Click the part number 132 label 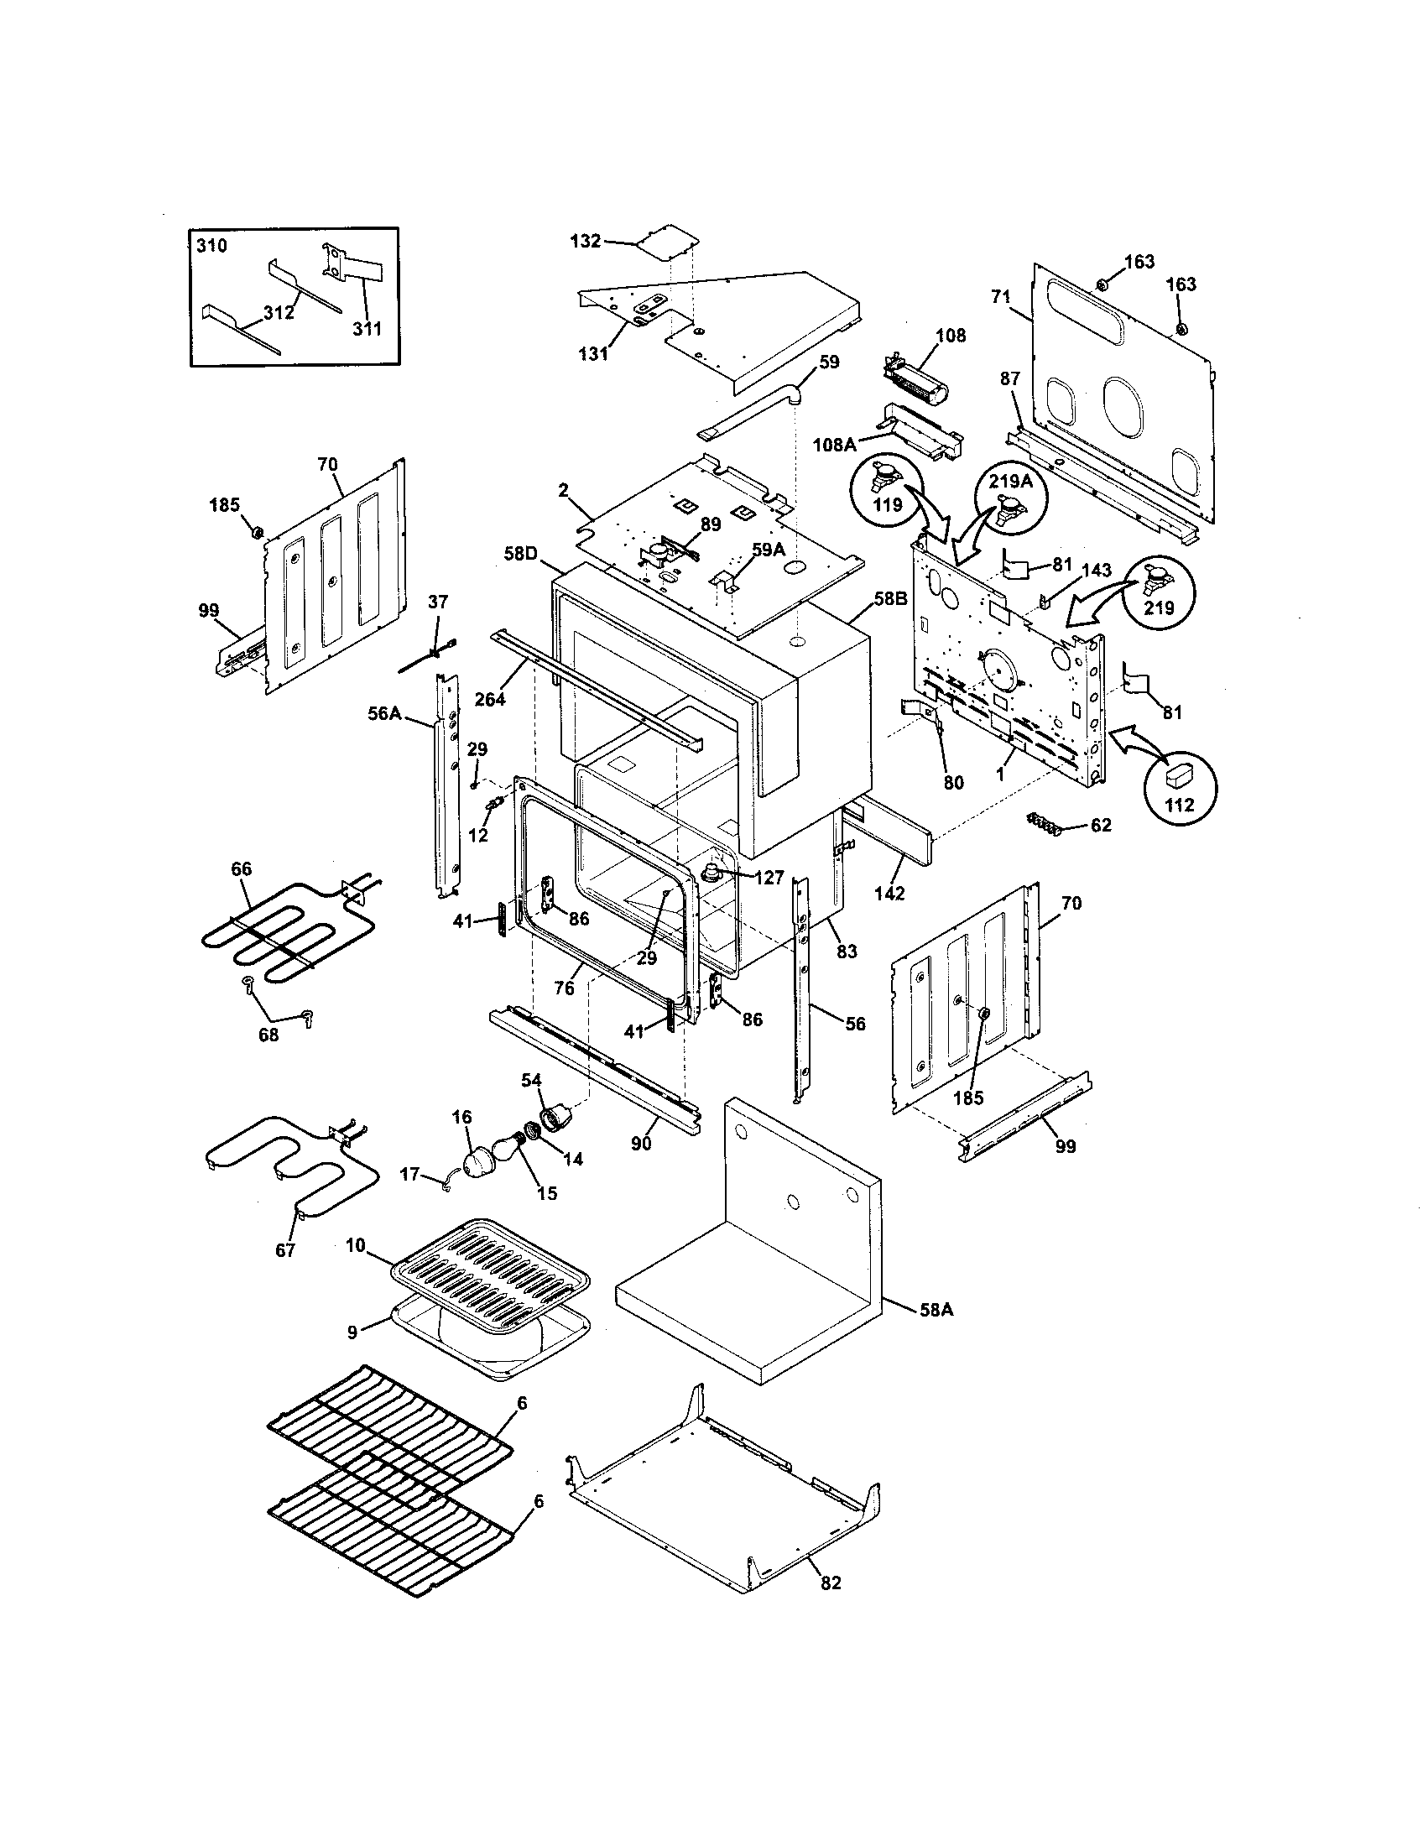pos(585,241)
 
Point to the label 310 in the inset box pos(211,246)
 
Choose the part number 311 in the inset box pos(367,328)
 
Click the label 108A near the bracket pos(837,442)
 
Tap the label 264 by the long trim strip pos(490,699)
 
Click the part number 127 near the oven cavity pos(769,878)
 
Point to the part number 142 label pos(889,893)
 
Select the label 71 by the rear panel pos(1000,298)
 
